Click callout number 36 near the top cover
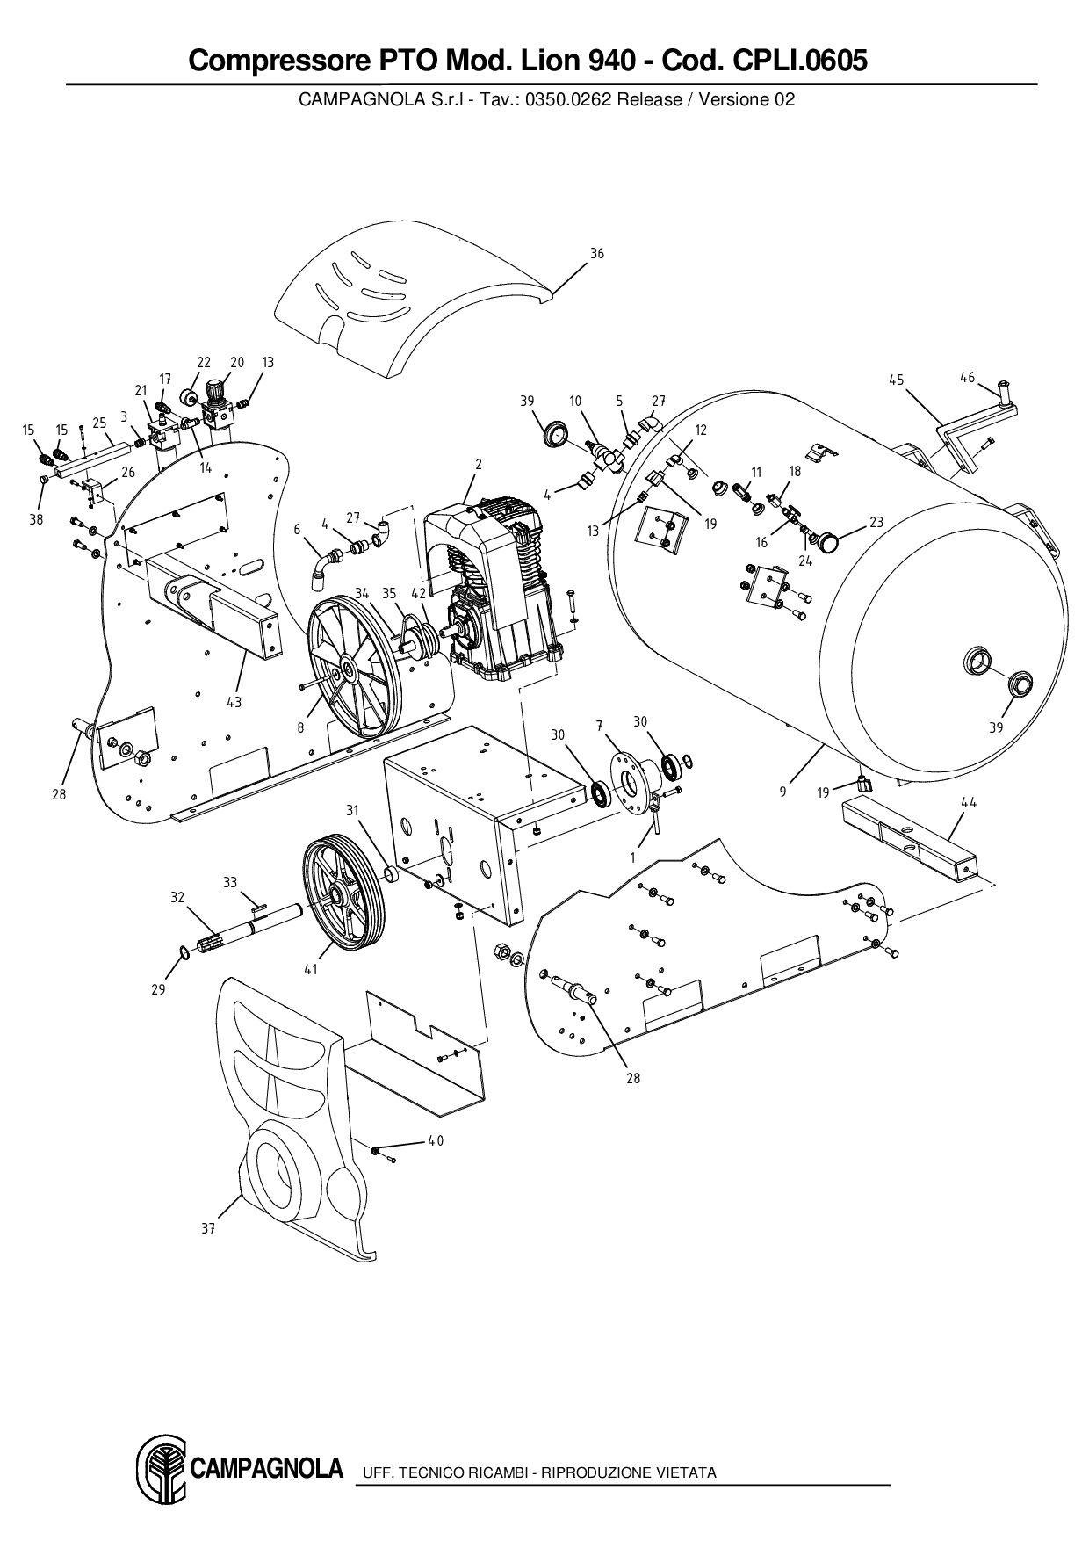point(596,254)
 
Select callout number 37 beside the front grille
point(208,1229)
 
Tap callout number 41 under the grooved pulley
point(310,970)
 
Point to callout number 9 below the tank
point(782,792)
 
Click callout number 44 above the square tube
point(969,802)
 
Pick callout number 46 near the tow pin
point(967,378)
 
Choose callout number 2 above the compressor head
point(479,464)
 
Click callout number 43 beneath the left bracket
point(234,702)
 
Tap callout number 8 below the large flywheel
point(300,727)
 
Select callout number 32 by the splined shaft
point(177,897)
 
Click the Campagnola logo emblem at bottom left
point(161,1470)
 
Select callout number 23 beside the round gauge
point(876,522)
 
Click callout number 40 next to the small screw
point(436,1141)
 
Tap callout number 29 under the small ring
point(158,989)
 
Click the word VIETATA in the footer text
point(686,1472)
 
